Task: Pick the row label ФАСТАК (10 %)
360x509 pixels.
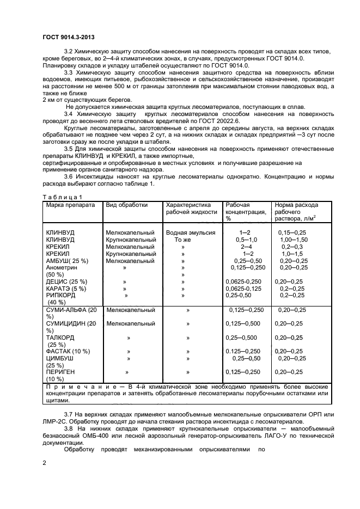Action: point(68,351)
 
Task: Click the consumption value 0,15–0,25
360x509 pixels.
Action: point(293,232)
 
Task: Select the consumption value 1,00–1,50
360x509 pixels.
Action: point(294,240)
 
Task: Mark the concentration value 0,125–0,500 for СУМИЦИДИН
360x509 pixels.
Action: point(243,323)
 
